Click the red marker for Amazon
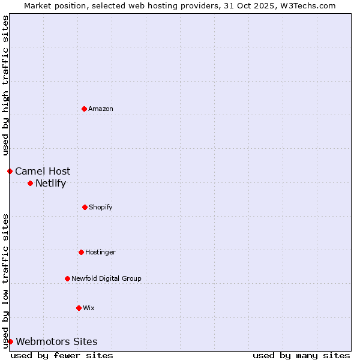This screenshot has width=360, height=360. (x=84, y=109)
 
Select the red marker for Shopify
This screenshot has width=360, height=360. (x=85, y=207)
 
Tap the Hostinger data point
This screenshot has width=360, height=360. (x=81, y=252)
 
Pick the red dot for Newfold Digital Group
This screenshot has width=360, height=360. (x=67, y=278)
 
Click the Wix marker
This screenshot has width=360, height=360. (x=79, y=308)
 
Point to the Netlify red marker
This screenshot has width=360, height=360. (x=30, y=183)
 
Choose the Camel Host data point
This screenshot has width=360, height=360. (x=10, y=171)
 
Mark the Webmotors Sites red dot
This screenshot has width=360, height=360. (x=10, y=341)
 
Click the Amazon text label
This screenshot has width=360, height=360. (x=101, y=109)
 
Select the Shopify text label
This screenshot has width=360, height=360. (x=101, y=207)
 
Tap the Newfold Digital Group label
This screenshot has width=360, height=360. (x=106, y=278)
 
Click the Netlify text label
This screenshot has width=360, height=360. (x=50, y=184)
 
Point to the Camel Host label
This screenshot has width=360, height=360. (x=43, y=172)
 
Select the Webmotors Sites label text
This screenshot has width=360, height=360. (x=56, y=342)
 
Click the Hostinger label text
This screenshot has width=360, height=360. (x=100, y=252)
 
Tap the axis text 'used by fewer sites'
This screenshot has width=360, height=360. (x=62, y=355)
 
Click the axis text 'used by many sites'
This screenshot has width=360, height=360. (x=301, y=355)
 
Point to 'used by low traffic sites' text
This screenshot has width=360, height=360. (x=5, y=280)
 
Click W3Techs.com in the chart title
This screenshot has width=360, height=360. (x=308, y=5)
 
